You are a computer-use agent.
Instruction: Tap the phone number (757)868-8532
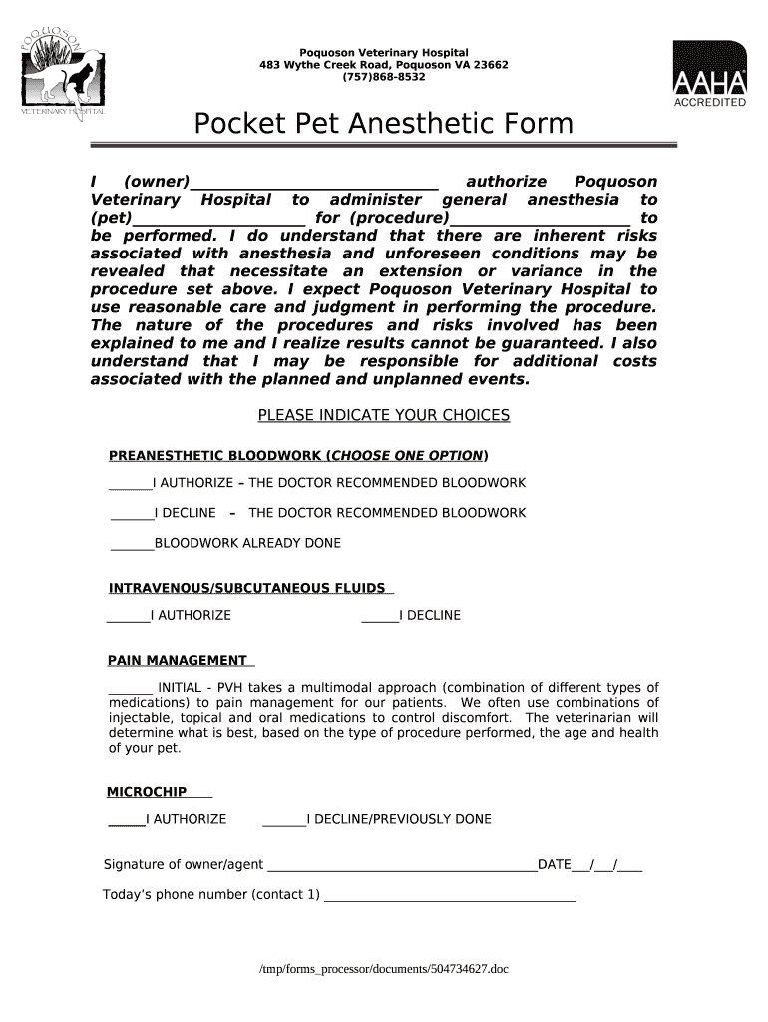tap(383, 78)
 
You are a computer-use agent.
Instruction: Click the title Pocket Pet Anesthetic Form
tap(383, 125)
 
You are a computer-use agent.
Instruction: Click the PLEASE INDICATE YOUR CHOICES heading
tap(383, 416)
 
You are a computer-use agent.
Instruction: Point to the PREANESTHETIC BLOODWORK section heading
tap(297, 457)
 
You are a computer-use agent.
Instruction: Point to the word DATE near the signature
tap(554, 864)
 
